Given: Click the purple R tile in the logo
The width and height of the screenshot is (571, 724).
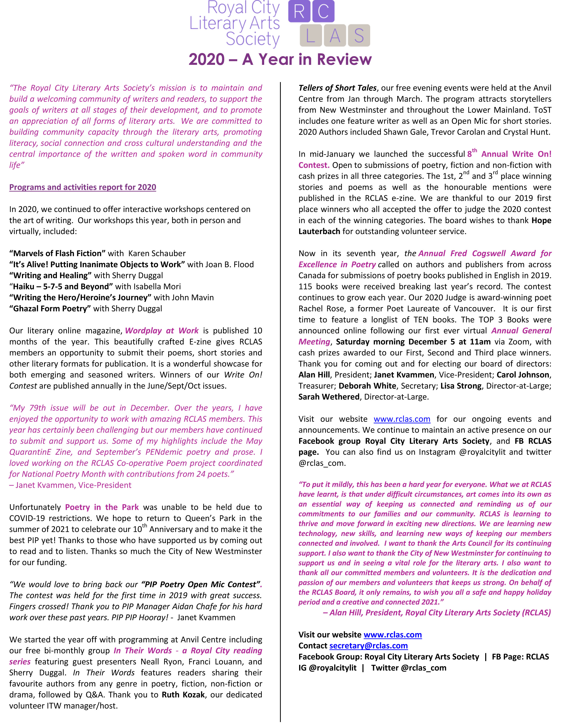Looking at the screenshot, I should tap(299, 11).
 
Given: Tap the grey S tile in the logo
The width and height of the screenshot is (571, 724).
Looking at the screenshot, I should tap(359, 35).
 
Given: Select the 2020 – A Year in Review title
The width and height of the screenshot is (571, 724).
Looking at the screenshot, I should tap(280, 60).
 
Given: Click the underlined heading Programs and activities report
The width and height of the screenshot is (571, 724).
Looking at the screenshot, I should tap(83, 187).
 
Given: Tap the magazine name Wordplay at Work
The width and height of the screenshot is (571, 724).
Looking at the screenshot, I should tap(162, 331).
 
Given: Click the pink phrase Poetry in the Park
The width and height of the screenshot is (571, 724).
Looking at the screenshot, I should tap(102, 507).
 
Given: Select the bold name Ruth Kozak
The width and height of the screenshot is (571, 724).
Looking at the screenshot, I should tap(183, 695).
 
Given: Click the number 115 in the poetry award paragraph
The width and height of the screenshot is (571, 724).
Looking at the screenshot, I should tap(305, 287).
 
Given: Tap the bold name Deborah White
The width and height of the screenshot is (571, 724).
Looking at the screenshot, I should tap(367, 386).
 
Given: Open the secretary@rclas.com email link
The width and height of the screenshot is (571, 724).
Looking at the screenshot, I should tap(368, 645).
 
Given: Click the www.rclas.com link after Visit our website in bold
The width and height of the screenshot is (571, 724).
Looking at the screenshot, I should tap(392, 634).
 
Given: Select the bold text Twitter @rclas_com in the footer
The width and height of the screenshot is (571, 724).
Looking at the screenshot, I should tap(409, 668).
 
